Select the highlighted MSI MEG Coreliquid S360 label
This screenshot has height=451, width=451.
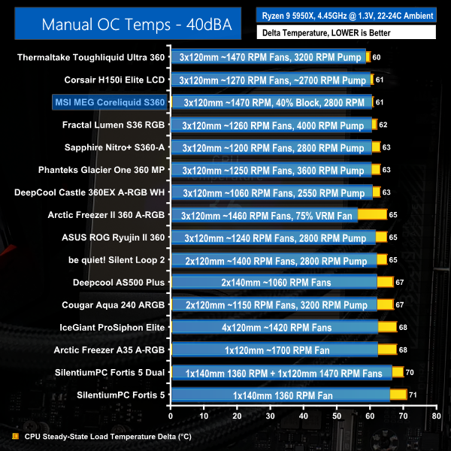pyautogui.click(x=110, y=101)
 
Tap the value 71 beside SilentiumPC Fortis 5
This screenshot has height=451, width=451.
pyautogui.click(x=413, y=394)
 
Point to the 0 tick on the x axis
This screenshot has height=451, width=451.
pyautogui.click(x=171, y=415)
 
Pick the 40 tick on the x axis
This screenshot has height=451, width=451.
pyautogui.click(x=303, y=415)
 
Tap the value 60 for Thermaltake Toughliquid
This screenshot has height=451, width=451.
pyautogui.click(x=376, y=57)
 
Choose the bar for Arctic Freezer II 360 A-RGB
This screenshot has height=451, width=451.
pyautogui.click(x=279, y=214)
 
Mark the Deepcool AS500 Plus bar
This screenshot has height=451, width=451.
pyautogui.click(x=282, y=282)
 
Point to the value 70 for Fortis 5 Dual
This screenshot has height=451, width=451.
pyautogui.click(x=409, y=371)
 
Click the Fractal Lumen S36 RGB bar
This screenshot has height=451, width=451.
pyautogui.click(x=274, y=124)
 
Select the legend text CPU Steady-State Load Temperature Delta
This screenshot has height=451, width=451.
pyautogui.click(x=108, y=435)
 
